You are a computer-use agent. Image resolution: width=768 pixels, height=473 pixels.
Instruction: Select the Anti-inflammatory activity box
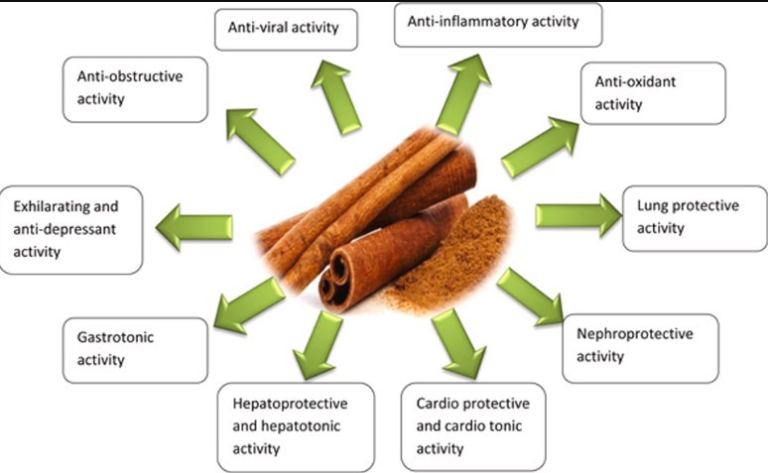pos(498,25)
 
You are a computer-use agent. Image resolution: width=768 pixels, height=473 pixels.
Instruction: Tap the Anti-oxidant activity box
pos(653,93)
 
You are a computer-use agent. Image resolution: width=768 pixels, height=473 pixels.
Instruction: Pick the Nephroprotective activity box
pos(640,347)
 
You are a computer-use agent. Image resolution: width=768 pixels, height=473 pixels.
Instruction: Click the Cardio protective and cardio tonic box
pos(472,425)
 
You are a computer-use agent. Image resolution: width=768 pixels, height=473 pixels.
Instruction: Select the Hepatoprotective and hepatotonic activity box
pos(296,426)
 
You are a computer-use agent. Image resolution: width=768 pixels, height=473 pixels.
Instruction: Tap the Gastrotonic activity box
pos(135,349)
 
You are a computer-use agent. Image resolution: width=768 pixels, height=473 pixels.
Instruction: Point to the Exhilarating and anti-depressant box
pos(71,229)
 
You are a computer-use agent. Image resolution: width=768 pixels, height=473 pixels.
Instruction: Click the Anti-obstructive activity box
pos(135,88)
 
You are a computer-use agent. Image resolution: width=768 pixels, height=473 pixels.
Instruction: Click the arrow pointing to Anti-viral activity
pos(336,97)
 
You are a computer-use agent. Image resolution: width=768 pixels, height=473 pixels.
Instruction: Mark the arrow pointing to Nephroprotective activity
pos(530,296)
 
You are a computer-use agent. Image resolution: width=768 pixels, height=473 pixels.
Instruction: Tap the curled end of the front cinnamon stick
pos(338,277)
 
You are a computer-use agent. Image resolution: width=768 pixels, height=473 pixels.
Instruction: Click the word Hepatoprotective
pos(285,405)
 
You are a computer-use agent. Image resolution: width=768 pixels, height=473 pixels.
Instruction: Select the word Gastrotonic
pos(114,337)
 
